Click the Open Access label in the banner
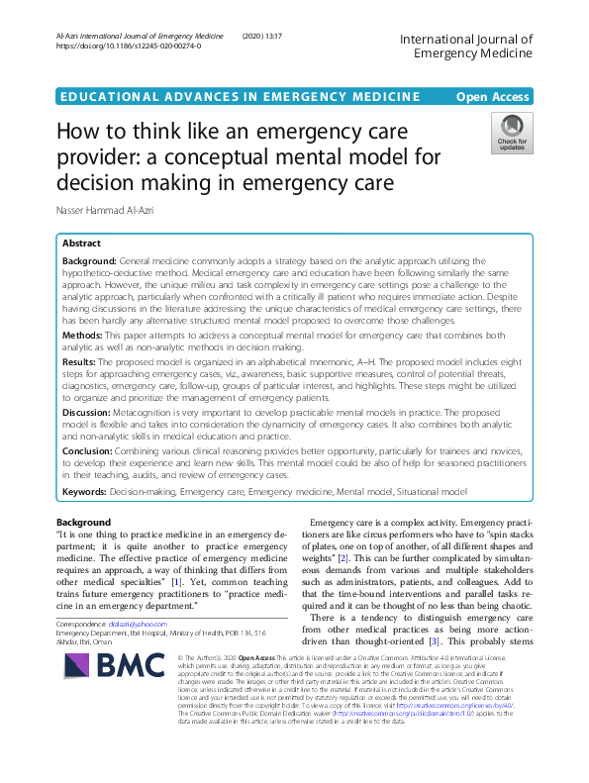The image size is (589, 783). coord(492,96)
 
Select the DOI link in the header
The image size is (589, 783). coord(129,47)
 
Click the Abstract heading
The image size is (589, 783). coord(81,244)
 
